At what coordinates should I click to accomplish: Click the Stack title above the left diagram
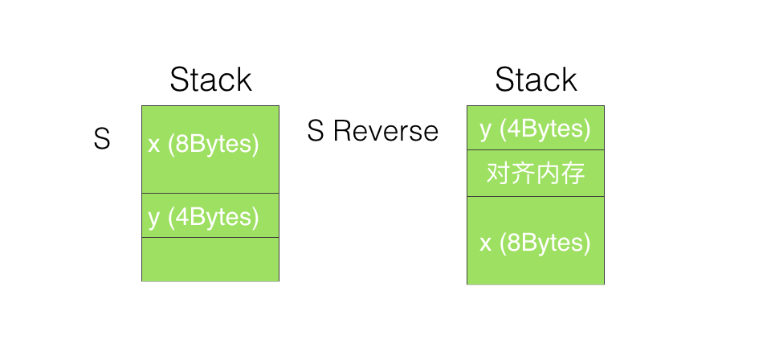210,80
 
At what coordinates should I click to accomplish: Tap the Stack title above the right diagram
536,80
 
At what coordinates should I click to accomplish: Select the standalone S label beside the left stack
102,139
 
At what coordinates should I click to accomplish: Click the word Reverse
385,131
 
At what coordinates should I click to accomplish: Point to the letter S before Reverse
316,131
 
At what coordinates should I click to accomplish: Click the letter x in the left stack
154,145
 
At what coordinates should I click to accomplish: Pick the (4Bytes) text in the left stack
214,217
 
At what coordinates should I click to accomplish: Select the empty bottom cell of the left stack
210,260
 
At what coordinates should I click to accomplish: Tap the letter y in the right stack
486,130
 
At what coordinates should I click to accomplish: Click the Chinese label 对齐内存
536,174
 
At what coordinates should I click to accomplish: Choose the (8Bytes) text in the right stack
545,243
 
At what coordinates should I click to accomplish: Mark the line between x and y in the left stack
210,194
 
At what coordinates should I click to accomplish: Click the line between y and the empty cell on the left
210,238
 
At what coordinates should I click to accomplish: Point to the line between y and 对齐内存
536,149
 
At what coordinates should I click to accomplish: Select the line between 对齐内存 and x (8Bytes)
536,196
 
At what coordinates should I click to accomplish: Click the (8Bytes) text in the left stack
214,145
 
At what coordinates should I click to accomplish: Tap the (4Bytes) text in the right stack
545,129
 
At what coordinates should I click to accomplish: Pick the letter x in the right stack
486,244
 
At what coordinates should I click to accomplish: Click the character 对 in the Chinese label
498,174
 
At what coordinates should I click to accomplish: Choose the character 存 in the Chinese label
573,174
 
